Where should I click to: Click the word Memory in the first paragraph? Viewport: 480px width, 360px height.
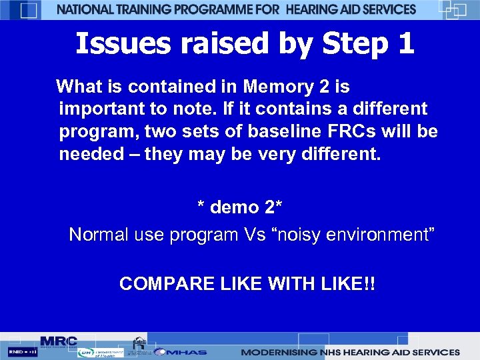pos(275,87)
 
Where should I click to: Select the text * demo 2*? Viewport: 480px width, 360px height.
pos(240,207)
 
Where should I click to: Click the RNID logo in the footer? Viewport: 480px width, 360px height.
pos(22,352)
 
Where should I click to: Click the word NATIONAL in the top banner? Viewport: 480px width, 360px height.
pos(86,9)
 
